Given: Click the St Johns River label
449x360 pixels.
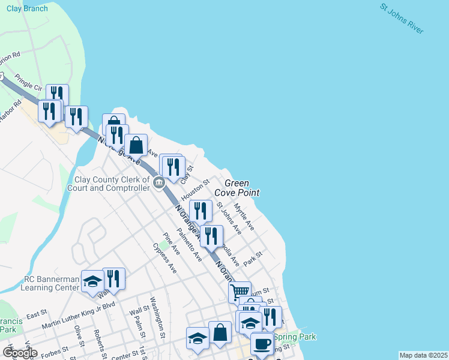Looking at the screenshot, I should click(x=402, y=19).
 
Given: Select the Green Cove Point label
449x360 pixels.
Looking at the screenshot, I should click(x=242, y=188).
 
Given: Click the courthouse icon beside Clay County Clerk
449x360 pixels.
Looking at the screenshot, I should click(x=159, y=183).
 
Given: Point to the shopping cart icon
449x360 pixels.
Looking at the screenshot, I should click(x=240, y=292).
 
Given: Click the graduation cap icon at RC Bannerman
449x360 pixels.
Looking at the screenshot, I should click(x=92, y=283).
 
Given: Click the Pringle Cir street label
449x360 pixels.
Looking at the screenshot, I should click(x=29, y=82).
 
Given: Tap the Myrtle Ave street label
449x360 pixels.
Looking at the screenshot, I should click(x=244, y=217).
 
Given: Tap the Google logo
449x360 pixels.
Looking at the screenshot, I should click(x=20, y=353).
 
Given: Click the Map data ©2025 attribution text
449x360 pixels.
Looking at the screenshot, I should click(x=423, y=355).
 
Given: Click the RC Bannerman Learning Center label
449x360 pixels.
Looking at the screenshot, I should click(x=51, y=283).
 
